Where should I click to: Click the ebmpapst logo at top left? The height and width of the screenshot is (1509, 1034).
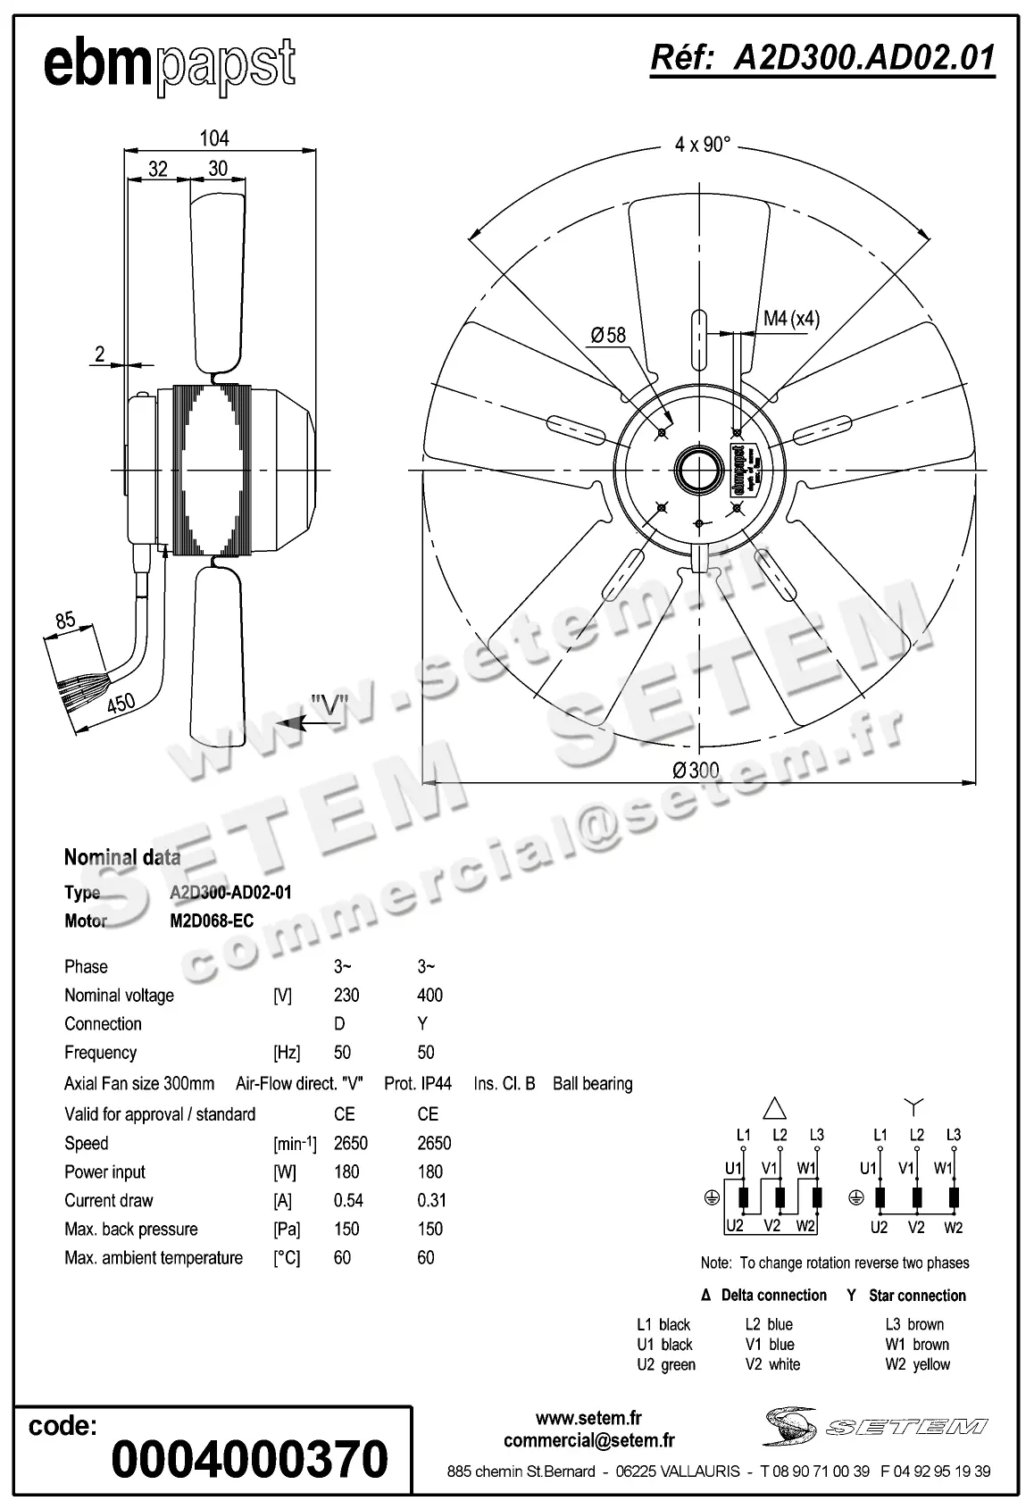click(170, 65)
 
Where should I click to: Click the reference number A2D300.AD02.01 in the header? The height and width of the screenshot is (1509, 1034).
click(821, 57)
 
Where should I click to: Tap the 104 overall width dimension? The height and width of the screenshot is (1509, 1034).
click(214, 138)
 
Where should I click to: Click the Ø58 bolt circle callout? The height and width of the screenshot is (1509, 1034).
click(609, 335)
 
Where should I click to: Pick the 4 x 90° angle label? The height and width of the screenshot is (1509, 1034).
click(703, 145)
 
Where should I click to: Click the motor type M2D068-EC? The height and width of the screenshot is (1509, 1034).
click(212, 921)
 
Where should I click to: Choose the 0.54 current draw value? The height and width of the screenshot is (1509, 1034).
click(347, 1200)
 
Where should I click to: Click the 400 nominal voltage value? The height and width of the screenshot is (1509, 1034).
click(429, 995)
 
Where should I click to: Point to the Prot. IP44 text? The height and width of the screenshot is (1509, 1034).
click(418, 1083)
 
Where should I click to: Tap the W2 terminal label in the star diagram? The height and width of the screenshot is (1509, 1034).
click(953, 1228)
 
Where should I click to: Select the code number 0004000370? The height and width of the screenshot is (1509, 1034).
click(249, 1459)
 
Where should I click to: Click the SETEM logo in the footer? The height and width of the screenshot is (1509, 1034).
click(875, 1426)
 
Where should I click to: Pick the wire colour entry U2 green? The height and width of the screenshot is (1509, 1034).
click(666, 1364)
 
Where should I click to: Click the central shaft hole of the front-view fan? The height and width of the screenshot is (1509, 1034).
click(698, 469)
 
